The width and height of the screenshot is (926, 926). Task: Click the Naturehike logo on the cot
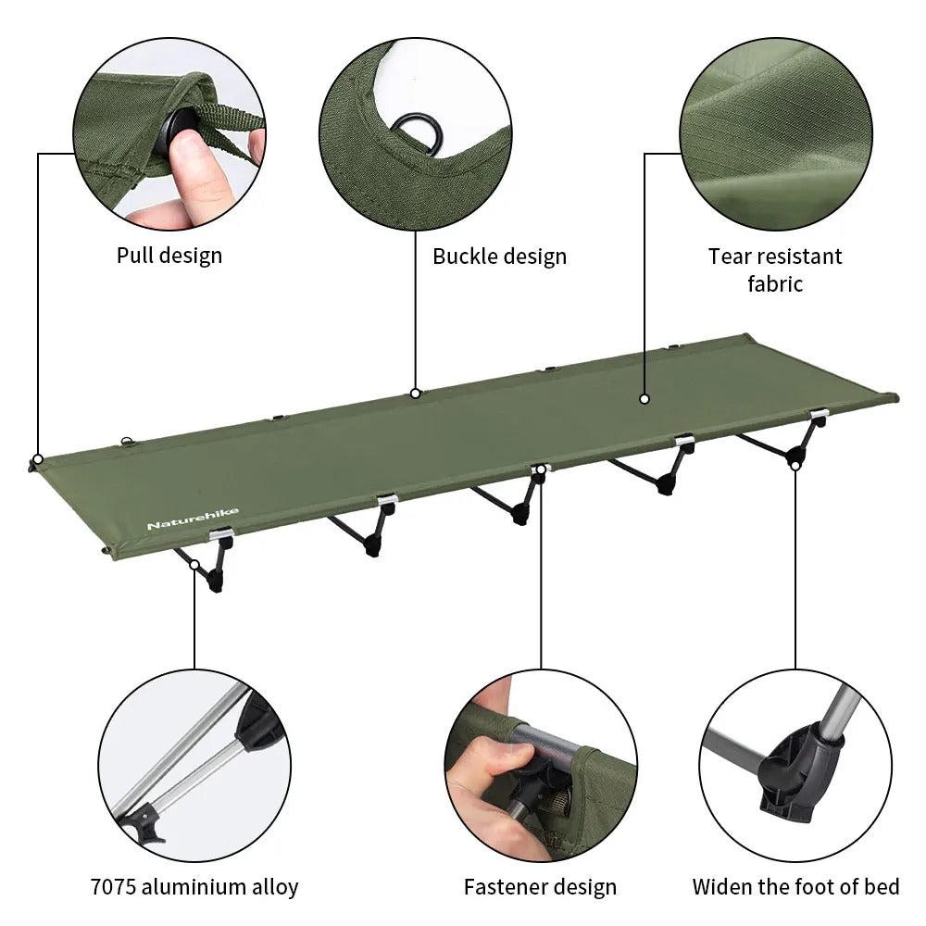[192, 519]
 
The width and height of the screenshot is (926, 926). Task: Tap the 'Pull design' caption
[169, 255]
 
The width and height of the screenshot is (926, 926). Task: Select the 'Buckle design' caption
[499, 256]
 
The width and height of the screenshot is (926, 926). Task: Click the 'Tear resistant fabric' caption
[775, 269]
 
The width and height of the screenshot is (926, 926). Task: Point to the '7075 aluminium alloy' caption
[194, 887]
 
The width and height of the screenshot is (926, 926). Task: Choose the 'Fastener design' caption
[540, 887]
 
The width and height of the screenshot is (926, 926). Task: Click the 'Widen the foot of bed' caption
[795, 887]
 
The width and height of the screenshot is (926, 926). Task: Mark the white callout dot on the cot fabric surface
[644, 399]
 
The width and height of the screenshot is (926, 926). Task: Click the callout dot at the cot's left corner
[38, 459]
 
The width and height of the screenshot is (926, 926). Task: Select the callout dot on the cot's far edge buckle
[416, 394]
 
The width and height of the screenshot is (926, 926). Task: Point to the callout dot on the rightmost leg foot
[795, 464]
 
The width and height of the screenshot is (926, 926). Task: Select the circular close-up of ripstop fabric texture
[775, 134]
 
